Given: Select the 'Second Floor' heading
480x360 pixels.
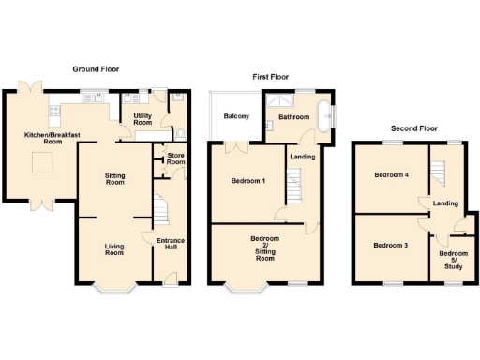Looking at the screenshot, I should (415, 127).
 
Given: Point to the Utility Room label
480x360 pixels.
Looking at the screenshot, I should (142, 119).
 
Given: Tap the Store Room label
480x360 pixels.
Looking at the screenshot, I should (175, 158).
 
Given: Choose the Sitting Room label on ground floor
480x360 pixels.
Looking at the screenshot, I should (114, 179).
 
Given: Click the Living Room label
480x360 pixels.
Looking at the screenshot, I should (113, 249).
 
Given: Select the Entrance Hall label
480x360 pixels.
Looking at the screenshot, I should (171, 246).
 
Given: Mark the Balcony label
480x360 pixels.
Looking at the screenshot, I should (235, 117).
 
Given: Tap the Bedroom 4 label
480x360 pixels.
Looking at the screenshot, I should (391, 175).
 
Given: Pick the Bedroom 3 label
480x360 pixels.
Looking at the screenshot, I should (390, 246).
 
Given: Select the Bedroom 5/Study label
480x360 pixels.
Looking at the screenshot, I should (454, 260).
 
